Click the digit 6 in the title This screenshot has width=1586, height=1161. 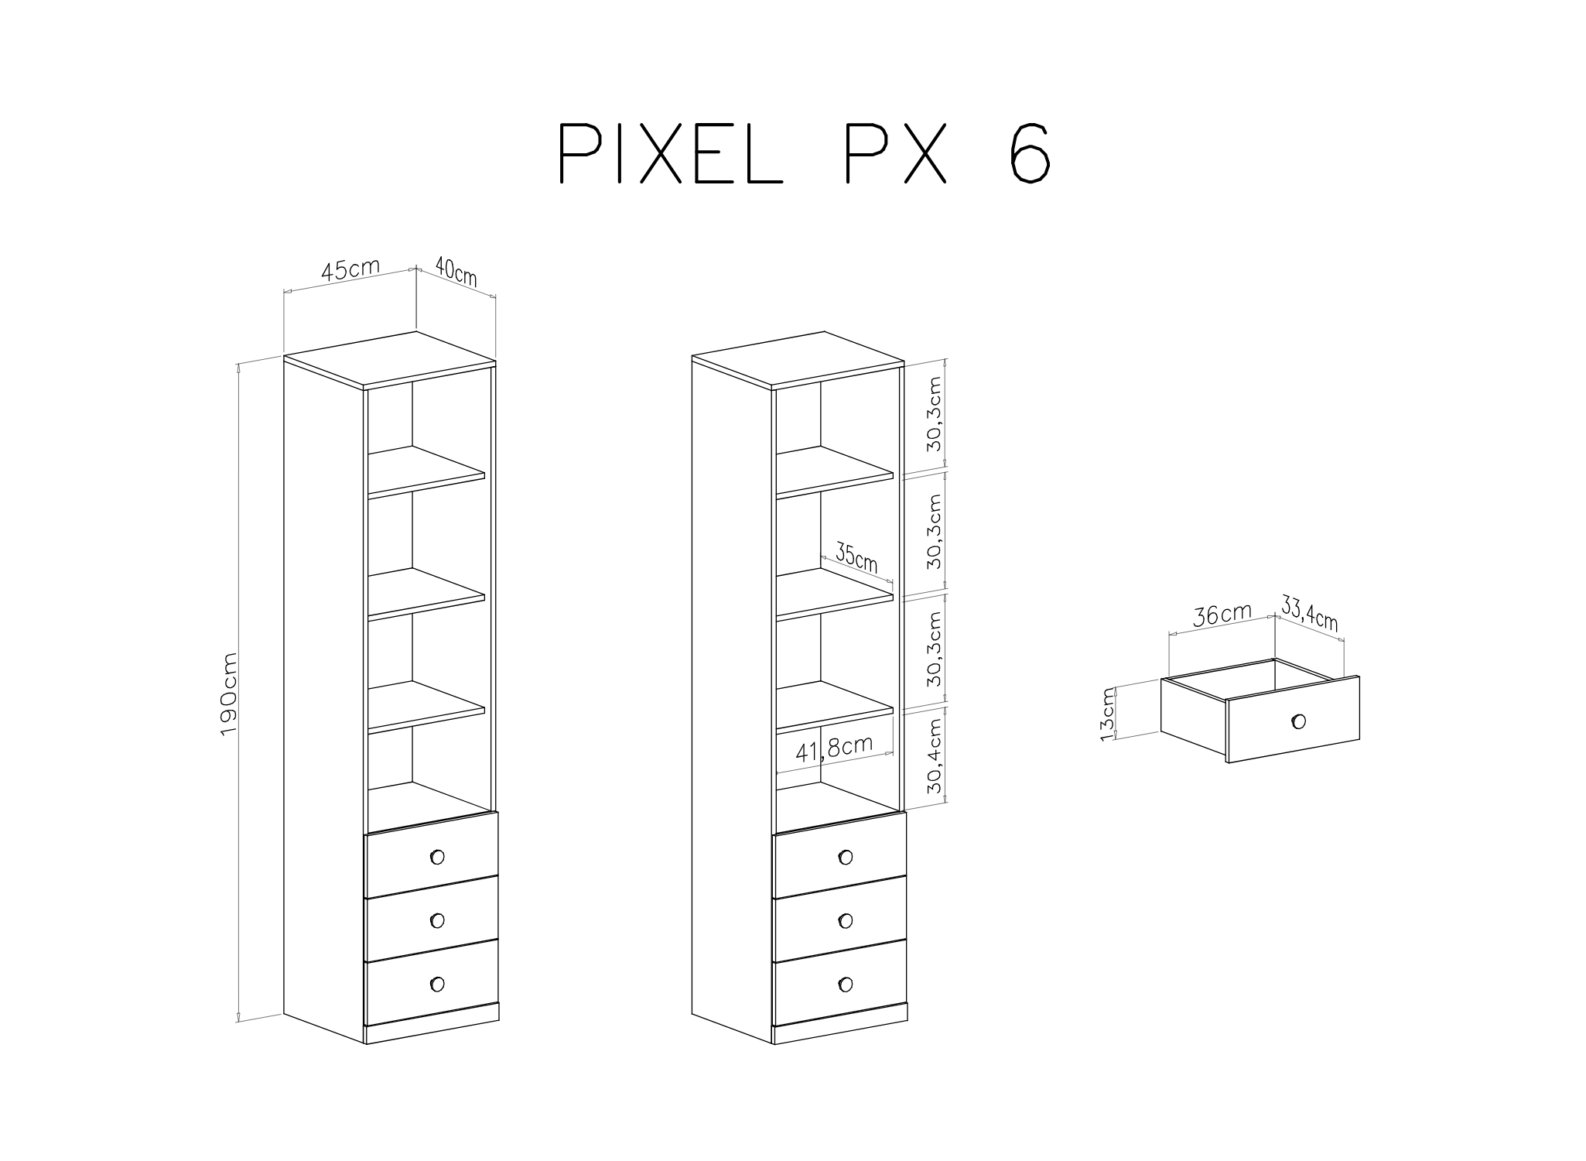pyautogui.click(x=1029, y=152)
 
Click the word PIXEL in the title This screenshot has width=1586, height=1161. pyautogui.click(x=671, y=152)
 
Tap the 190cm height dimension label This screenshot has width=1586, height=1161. pyautogui.click(x=230, y=694)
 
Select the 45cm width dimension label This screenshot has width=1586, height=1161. pyautogui.click(x=350, y=269)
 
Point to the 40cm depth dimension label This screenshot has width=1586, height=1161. pyautogui.click(x=456, y=272)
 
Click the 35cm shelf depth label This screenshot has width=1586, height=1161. pyautogui.click(x=856, y=559)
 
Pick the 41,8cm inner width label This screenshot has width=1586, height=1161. pyautogui.click(x=834, y=748)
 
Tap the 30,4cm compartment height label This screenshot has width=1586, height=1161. pyautogui.click(x=935, y=756)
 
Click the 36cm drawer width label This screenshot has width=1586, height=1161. pyautogui.click(x=1222, y=615)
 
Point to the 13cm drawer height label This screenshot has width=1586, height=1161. pyautogui.click(x=1108, y=713)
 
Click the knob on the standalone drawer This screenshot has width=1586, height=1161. pyautogui.click(x=1298, y=721)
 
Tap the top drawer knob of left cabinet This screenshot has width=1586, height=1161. pyautogui.click(x=437, y=857)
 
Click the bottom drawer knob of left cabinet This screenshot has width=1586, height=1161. pyautogui.click(x=437, y=984)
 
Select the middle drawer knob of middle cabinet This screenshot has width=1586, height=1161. pyautogui.click(x=845, y=920)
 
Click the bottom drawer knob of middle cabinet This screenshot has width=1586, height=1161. pyautogui.click(x=845, y=984)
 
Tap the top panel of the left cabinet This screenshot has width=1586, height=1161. pyautogui.click(x=390, y=359)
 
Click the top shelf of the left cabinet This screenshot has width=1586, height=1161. pyautogui.click(x=426, y=471)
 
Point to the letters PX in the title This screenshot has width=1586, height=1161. pyautogui.click(x=895, y=152)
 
